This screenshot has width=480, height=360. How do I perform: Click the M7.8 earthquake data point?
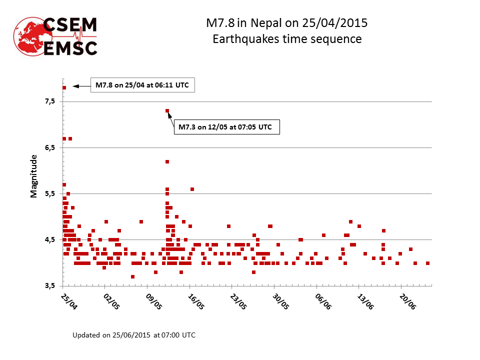[64, 87]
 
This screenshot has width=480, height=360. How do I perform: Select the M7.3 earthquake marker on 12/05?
[167, 111]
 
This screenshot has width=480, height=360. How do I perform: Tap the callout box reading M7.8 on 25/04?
[142, 85]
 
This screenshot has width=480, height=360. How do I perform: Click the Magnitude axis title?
[34, 176]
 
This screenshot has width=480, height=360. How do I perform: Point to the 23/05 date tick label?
[238, 302]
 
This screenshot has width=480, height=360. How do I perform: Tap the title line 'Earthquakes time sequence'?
[287, 38]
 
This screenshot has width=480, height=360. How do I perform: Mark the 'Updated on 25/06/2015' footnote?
[134, 334]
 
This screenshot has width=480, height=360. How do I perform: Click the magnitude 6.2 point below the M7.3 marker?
[167, 161]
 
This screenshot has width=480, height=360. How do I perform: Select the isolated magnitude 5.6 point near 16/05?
[192, 189]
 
